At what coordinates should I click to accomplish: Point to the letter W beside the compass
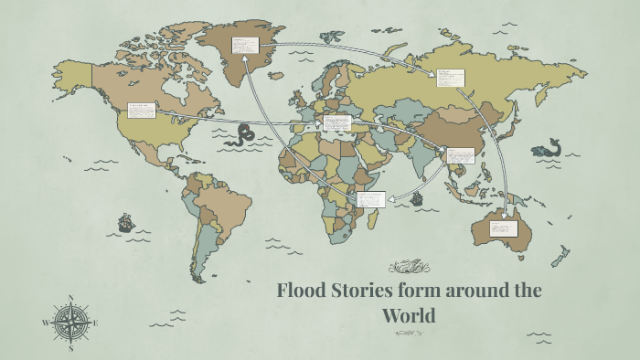45,323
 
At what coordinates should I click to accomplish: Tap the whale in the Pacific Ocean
549,149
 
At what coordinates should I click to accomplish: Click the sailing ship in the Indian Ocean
417,197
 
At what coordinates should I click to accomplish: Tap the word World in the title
410,316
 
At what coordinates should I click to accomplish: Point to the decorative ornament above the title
409,267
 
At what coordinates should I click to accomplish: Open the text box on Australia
503,225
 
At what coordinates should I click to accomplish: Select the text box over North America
143,112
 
